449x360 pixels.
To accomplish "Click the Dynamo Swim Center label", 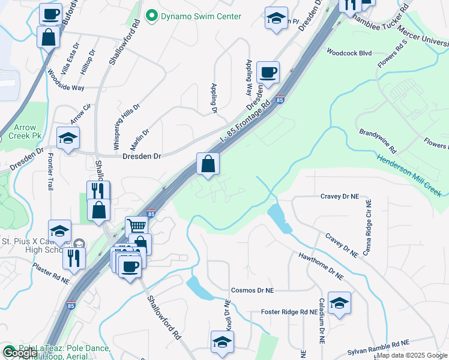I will point(199,16).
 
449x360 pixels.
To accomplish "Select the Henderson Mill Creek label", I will point(409,175).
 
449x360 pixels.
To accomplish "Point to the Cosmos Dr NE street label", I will point(252,289).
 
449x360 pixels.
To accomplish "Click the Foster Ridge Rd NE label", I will point(289,312).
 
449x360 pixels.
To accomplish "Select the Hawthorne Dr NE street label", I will point(321,266).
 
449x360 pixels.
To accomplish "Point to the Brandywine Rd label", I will point(378,140).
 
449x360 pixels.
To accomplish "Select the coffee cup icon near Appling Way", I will point(268,72).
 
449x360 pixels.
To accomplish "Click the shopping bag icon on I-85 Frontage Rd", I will point(208,163).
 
